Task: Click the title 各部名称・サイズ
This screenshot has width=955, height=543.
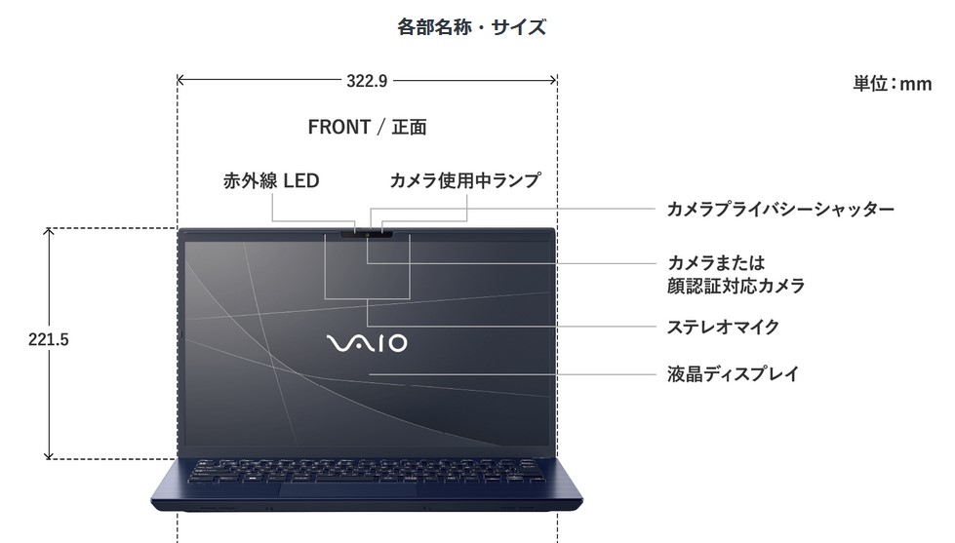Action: [471, 27]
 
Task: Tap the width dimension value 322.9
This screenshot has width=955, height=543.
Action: [367, 81]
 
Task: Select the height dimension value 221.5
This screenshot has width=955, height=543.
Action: [49, 339]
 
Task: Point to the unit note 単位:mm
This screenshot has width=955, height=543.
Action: [893, 84]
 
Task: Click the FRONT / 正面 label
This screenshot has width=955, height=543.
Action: [367, 127]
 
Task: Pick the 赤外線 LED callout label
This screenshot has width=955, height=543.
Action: [271, 180]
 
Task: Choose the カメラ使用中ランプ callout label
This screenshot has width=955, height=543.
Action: [464, 180]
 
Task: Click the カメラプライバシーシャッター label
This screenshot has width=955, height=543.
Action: [780, 209]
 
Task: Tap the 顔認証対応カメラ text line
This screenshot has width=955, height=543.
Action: [736, 286]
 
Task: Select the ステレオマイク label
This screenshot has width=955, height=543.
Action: [723, 327]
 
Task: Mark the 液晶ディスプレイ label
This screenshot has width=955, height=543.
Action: [733, 373]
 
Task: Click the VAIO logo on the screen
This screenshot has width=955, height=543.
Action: [367, 343]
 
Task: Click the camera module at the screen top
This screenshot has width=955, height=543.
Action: [367, 233]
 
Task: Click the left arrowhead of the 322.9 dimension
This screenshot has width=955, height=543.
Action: [179, 80]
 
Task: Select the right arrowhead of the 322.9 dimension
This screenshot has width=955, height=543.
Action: [555, 80]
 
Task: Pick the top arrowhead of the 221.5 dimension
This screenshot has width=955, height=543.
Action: [49, 230]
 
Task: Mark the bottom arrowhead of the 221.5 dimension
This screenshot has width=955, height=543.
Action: [49, 456]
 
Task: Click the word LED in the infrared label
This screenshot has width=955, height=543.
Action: [301, 180]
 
